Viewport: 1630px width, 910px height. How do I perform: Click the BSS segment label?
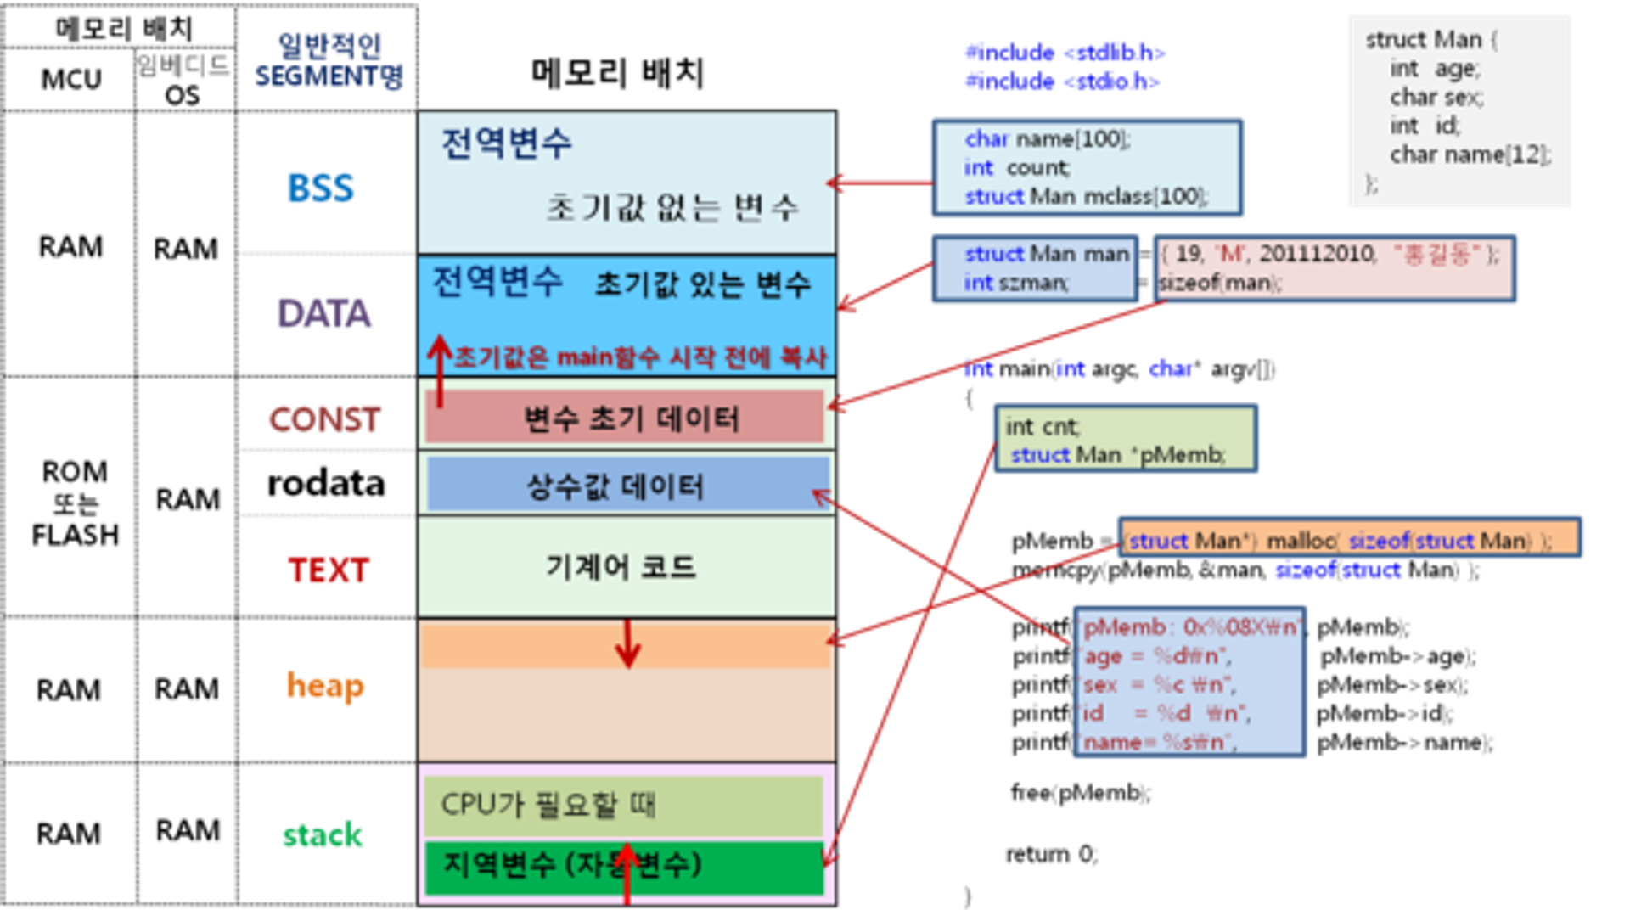(320, 188)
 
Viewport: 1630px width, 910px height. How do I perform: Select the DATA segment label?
(323, 313)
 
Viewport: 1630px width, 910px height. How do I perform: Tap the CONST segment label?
(324, 419)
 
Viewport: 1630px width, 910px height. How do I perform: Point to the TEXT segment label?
(329, 570)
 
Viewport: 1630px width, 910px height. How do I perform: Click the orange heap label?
(325, 685)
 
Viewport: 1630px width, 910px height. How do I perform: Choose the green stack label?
(323, 835)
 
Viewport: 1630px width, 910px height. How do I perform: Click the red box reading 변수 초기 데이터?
(626, 418)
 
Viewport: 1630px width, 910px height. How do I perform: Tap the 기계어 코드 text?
(621, 566)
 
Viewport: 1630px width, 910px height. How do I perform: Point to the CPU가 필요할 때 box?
(624, 804)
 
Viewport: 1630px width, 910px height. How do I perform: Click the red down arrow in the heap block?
(627, 644)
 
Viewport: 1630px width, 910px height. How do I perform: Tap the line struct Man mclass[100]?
(1086, 196)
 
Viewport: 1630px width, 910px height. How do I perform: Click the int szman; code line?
(1016, 283)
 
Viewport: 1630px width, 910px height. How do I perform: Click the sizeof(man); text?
(1220, 283)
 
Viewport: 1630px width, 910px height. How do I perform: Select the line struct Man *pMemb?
(1118, 455)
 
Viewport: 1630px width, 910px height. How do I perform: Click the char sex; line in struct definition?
(1436, 97)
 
